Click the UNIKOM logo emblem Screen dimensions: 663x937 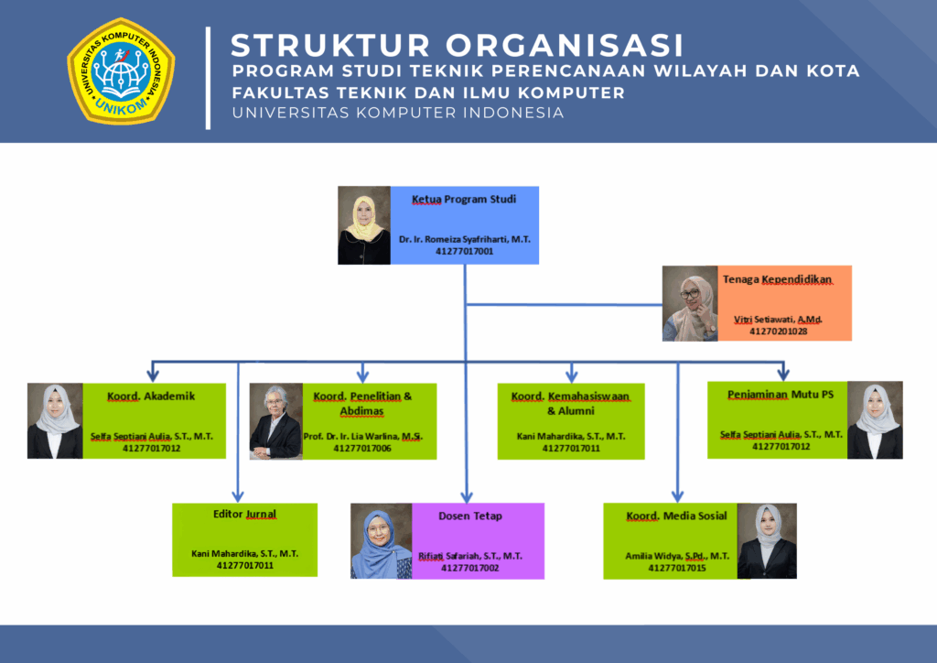(121, 71)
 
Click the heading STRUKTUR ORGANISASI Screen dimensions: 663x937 (457, 45)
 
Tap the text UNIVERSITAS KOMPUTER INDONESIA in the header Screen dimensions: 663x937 (398, 114)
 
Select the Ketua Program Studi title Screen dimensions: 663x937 (464, 199)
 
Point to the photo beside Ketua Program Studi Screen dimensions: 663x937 (364, 225)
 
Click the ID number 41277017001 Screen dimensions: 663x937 (464, 250)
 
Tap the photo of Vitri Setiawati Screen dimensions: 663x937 (690, 303)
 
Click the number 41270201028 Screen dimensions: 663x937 (778, 331)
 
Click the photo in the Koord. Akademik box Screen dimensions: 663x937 (55, 421)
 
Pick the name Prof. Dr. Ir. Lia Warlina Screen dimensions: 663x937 (362, 436)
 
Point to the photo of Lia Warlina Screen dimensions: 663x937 (276, 421)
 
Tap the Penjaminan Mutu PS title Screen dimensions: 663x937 (781, 395)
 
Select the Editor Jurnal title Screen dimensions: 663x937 (244, 515)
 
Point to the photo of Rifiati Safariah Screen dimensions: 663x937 (381, 541)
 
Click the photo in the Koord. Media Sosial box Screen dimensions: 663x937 (767, 541)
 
